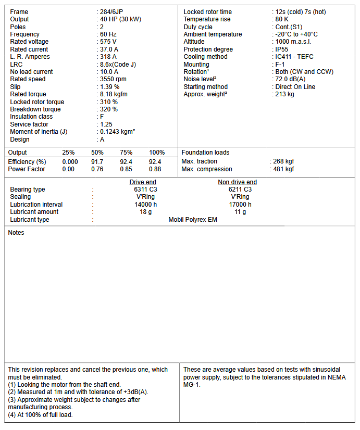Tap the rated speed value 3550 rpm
click(x=113, y=79)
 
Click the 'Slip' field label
click(x=16, y=87)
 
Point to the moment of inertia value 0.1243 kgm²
click(x=117, y=132)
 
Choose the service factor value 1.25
click(x=107, y=124)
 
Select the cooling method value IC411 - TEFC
click(x=294, y=57)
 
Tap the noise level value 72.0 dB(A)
click(x=290, y=79)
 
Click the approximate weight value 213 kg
click(x=284, y=94)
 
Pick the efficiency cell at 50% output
click(x=97, y=162)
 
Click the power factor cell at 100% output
click(x=155, y=169)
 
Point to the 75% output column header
click(x=126, y=153)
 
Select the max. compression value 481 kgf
click(x=283, y=169)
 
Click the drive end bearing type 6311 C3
click(x=145, y=189)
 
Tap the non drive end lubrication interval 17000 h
click(x=240, y=205)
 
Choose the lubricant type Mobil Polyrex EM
click(x=193, y=220)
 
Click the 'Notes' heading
click(x=16, y=233)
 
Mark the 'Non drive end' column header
click(x=237, y=182)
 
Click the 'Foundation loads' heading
click(x=205, y=153)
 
